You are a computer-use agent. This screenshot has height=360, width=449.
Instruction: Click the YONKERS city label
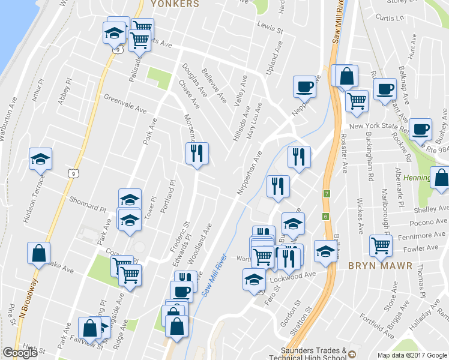click(175, 4)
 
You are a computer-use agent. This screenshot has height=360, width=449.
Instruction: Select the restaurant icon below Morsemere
click(197, 154)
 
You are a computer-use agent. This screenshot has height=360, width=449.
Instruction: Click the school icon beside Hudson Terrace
click(41, 158)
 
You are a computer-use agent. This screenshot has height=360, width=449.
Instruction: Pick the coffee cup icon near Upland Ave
click(304, 86)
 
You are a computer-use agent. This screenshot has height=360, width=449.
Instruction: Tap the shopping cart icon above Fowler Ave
click(381, 244)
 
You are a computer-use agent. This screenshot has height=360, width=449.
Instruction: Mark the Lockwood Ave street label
click(298, 274)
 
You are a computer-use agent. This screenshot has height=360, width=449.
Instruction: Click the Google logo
click(20, 353)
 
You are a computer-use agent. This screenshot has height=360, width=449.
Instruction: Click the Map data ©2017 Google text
click(412, 355)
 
